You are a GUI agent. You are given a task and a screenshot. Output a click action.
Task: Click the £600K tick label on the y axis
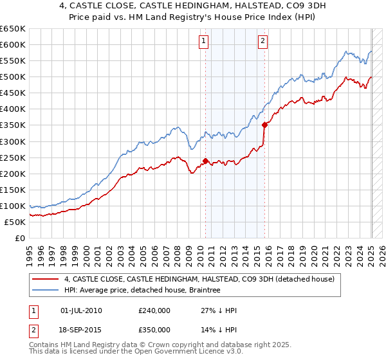point(12,44)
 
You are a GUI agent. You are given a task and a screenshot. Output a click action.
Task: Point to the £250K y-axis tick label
point(12,157)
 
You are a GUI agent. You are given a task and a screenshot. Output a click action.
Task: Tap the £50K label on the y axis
point(15,222)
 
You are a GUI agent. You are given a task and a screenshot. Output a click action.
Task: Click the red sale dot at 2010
point(206,161)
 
